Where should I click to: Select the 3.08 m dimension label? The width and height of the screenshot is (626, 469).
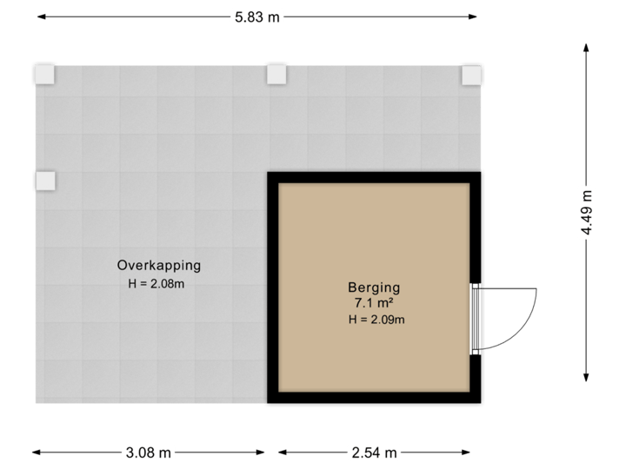pyautogui.click(x=150, y=452)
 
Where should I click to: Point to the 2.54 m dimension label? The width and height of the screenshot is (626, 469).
pyautogui.click(x=374, y=452)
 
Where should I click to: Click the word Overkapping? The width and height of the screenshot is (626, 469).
pyautogui.click(x=159, y=265)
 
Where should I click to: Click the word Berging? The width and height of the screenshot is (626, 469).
pyautogui.click(x=373, y=287)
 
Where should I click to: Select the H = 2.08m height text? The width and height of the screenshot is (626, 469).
pyautogui.click(x=156, y=283)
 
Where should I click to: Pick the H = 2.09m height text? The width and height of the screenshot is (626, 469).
pyautogui.click(x=376, y=320)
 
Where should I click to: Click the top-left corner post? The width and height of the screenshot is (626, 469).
pyautogui.click(x=44, y=76)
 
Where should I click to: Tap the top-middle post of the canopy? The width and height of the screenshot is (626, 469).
pyautogui.click(x=276, y=76)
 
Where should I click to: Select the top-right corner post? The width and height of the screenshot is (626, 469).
pyautogui.click(x=470, y=76)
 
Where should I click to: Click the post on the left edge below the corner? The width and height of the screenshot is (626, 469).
pyautogui.click(x=44, y=181)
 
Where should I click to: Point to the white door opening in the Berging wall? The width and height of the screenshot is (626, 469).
pyautogui.click(x=476, y=319)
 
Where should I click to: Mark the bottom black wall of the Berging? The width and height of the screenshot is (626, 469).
pyautogui.click(x=374, y=400)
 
